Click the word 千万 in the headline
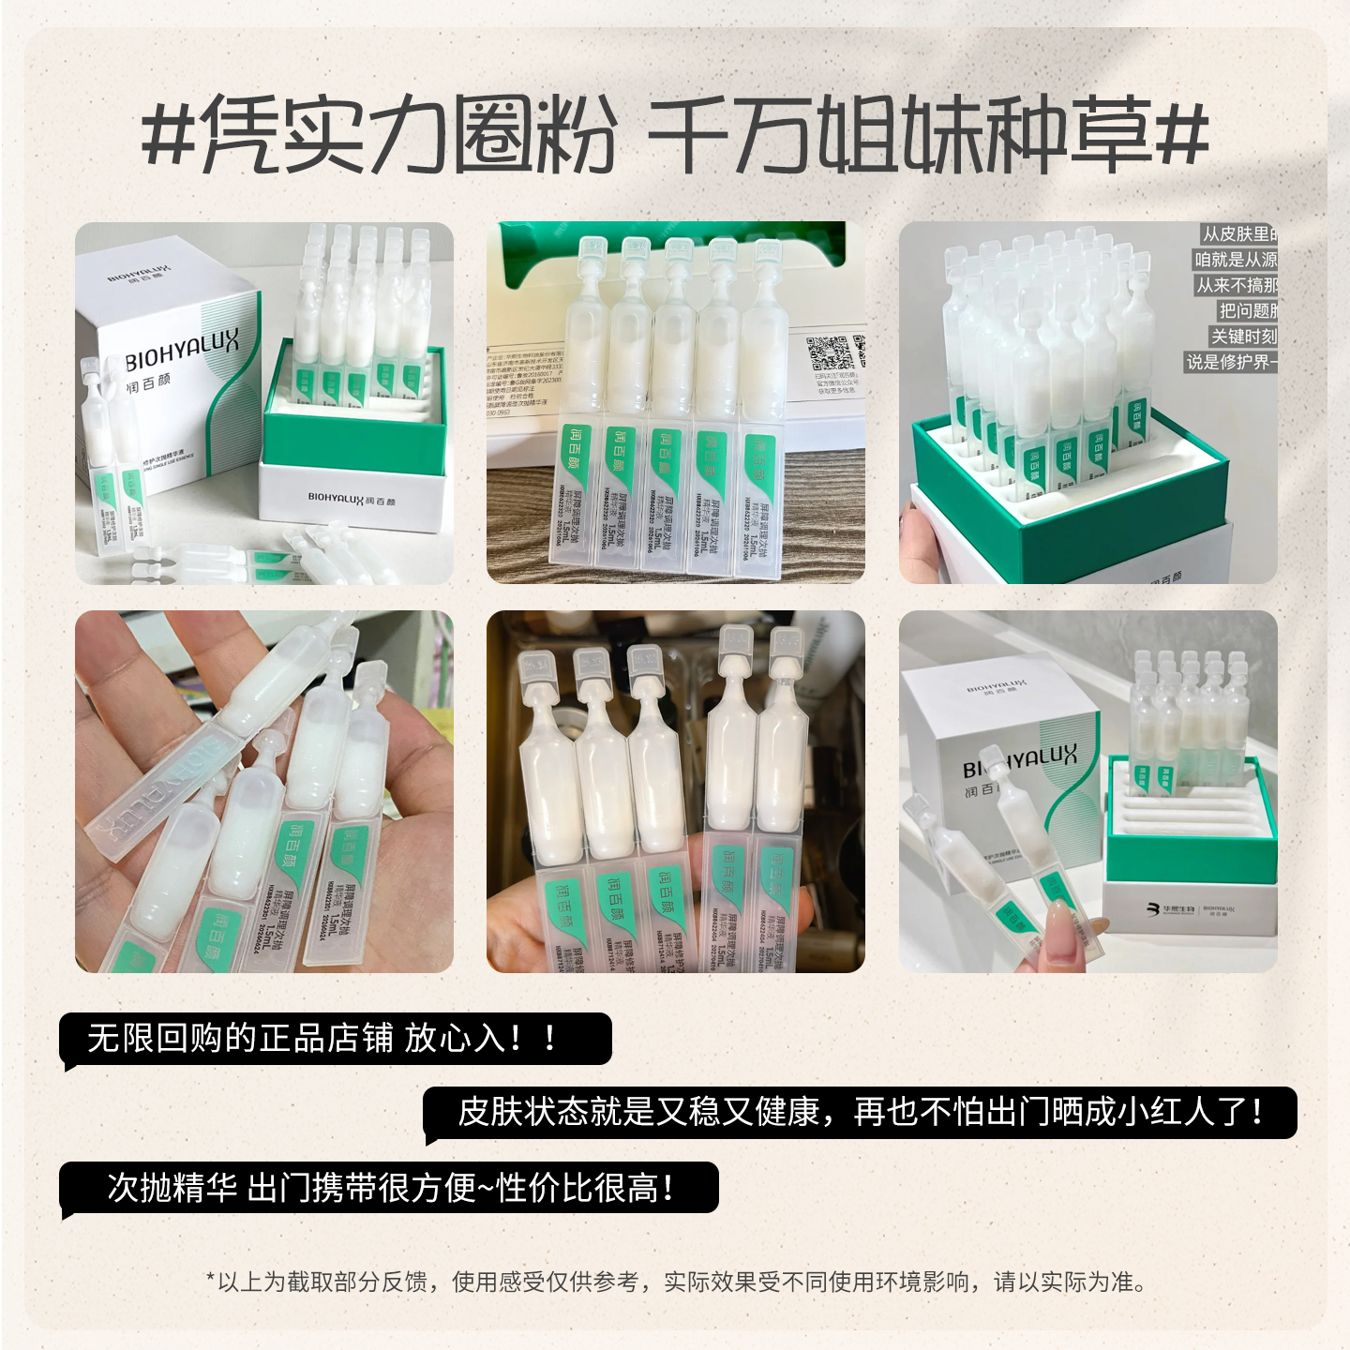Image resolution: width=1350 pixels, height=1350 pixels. click(729, 137)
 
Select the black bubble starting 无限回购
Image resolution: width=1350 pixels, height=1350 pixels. click(335, 1039)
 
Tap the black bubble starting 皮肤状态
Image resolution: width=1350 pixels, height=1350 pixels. click(860, 1113)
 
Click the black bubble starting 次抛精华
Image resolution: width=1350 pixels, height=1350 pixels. click(389, 1188)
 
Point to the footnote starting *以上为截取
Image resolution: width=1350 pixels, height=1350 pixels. click(675, 1282)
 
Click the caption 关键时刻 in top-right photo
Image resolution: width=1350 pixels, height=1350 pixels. click(1243, 336)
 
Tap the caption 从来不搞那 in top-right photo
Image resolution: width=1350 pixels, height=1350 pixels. click(1237, 285)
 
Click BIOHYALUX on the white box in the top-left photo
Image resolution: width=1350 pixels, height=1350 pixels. click(182, 351)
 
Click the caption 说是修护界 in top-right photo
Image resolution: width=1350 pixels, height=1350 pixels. click(1231, 361)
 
